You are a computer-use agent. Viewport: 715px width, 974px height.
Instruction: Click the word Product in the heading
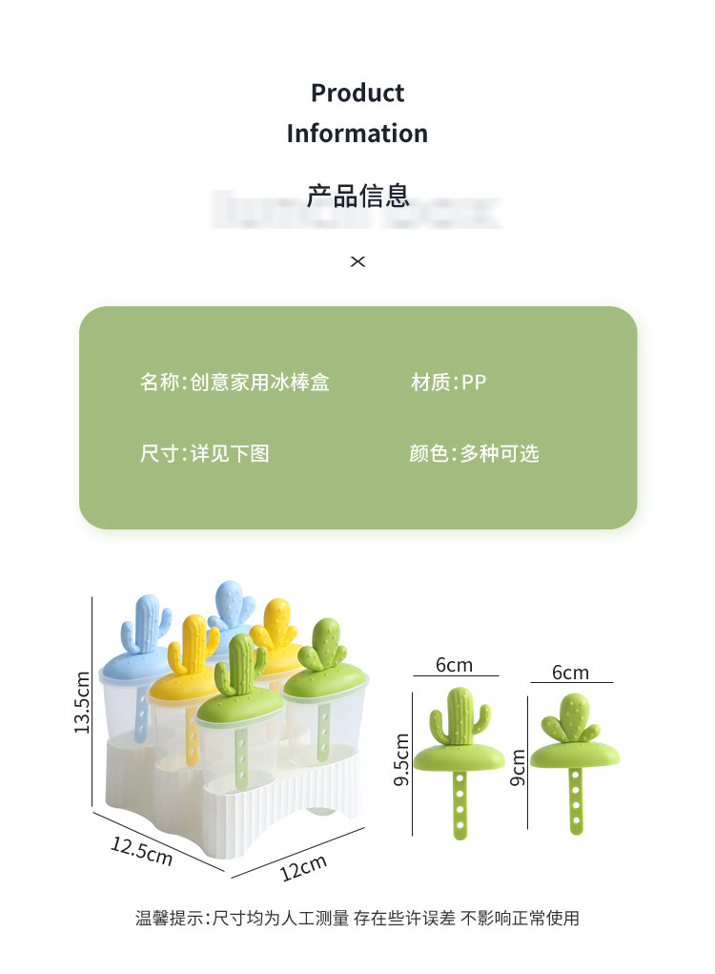coord(357,93)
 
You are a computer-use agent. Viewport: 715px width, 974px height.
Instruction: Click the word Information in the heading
coord(357,133)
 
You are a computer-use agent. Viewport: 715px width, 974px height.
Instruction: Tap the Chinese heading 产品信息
coord(357,196)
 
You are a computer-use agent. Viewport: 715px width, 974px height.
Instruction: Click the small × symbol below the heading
coord(357,261)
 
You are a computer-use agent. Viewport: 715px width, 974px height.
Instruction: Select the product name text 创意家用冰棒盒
coord(259,383)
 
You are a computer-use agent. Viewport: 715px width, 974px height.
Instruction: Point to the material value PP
coord(474,383)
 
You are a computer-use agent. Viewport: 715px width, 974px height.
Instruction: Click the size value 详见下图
coord(230,453)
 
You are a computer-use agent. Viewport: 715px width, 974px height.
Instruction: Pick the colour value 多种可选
coord(500,453)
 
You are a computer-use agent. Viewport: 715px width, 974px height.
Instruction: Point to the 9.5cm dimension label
coord(401,759)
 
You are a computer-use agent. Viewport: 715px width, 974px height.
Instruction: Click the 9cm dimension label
coord(519,765)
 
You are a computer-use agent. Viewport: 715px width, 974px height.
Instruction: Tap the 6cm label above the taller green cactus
coord(454,665)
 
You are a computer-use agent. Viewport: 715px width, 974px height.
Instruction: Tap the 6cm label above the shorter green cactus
coord(570,673)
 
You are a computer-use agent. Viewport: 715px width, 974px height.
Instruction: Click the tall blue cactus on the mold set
coord(147,626)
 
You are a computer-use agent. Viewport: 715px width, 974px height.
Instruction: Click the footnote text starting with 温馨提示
coord(357,919)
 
